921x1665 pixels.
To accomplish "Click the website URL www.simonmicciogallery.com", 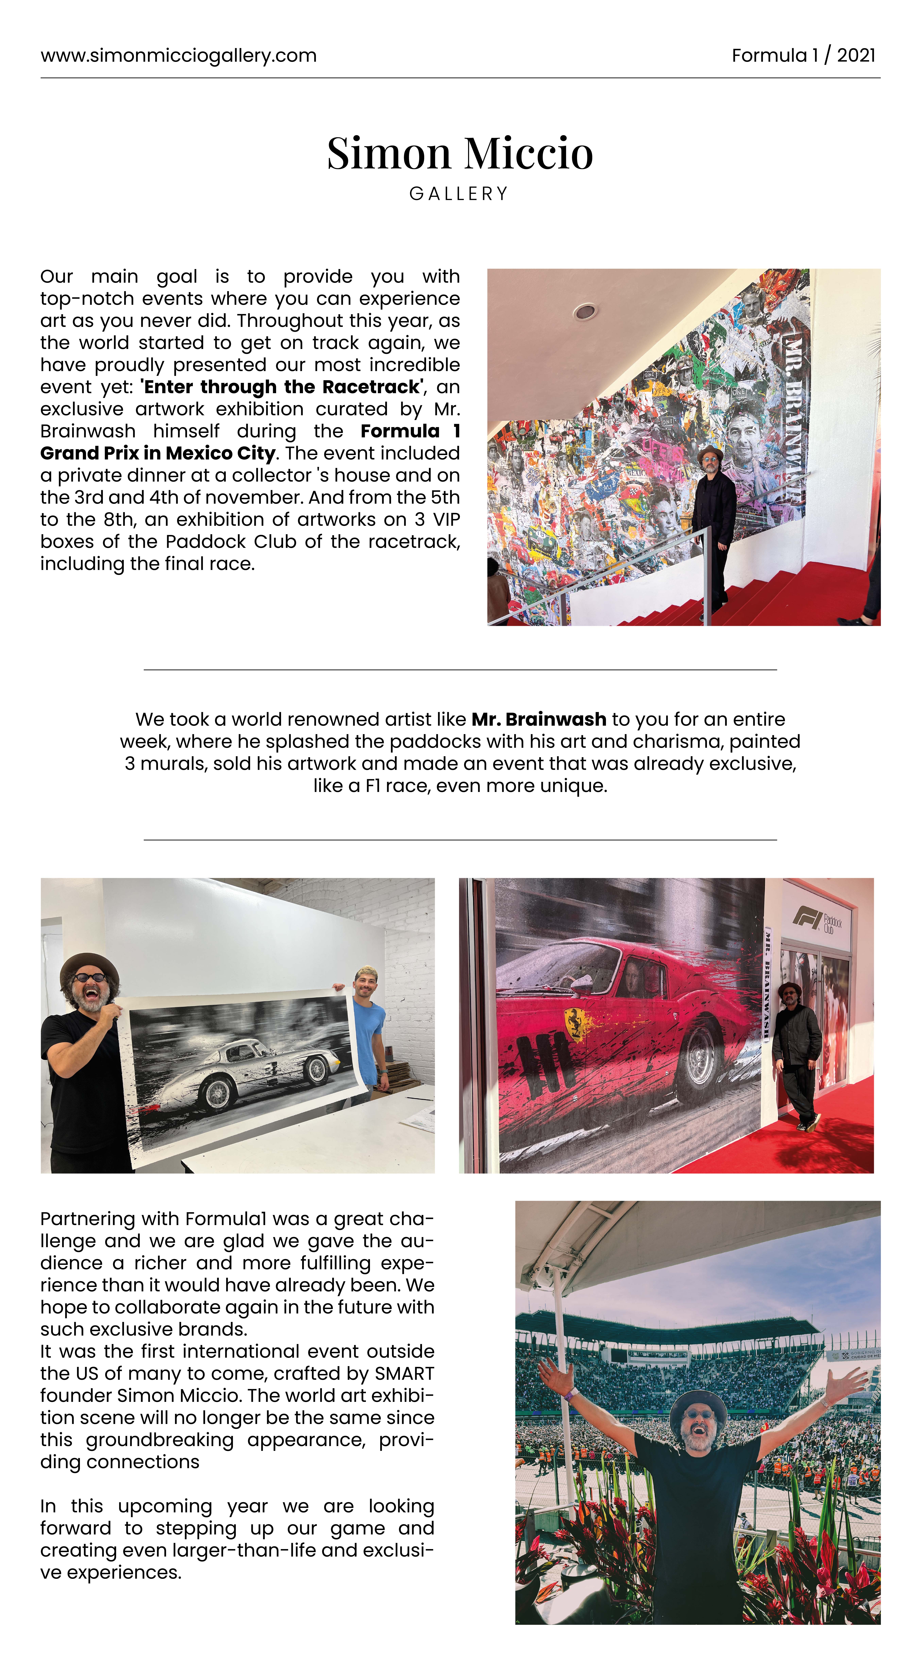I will [x=178, y=56].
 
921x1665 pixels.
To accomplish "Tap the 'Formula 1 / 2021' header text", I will [x=803, y=56].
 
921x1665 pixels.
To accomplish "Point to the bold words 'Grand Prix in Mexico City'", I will [x=158, y=453].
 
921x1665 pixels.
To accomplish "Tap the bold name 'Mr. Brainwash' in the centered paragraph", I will [x=539, y=719].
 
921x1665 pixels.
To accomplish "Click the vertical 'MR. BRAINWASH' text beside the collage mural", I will [x=795, y=414].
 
